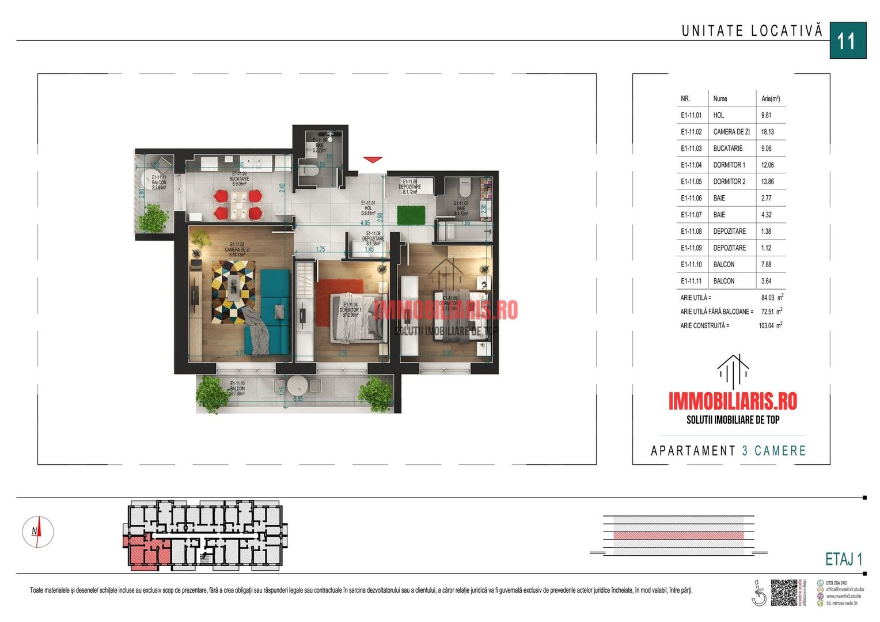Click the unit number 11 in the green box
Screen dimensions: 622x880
[847, 41]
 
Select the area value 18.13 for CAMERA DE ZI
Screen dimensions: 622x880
[767, 132]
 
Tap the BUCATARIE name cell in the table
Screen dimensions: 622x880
[727, 149]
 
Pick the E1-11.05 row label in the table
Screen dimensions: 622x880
[691, 181]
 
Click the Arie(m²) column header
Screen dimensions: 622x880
[770, 98]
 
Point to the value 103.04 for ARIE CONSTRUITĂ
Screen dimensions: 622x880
[767, 326]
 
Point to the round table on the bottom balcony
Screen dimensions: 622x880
[298, 385]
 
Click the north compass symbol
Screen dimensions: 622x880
[38, 532]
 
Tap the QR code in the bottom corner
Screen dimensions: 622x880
[784, 593]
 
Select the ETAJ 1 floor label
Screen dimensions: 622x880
[843, 559]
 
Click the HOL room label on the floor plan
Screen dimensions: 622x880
[368, 208]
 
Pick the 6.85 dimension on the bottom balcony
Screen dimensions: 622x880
[298, 399]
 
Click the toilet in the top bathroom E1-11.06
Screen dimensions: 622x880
[310, 171]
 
